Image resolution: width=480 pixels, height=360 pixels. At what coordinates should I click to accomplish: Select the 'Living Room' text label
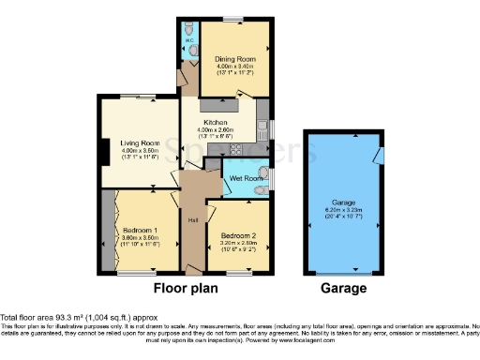[x=139, y=143]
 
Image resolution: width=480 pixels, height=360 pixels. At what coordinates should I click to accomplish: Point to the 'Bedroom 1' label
[x=139, y=230]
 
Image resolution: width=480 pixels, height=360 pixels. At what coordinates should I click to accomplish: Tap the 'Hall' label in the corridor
[x=192, y=220]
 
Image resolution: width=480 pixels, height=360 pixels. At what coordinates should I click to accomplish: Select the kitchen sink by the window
[x=261, y=125]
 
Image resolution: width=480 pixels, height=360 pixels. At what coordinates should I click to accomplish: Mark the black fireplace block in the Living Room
[x=102, y=150]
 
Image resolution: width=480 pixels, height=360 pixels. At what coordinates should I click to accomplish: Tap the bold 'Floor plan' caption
[x=187, y=290]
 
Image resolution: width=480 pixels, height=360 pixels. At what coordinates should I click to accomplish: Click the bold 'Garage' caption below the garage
[x=347, y=290]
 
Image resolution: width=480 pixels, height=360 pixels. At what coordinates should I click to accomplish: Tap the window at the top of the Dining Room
[x=234, y=20]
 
